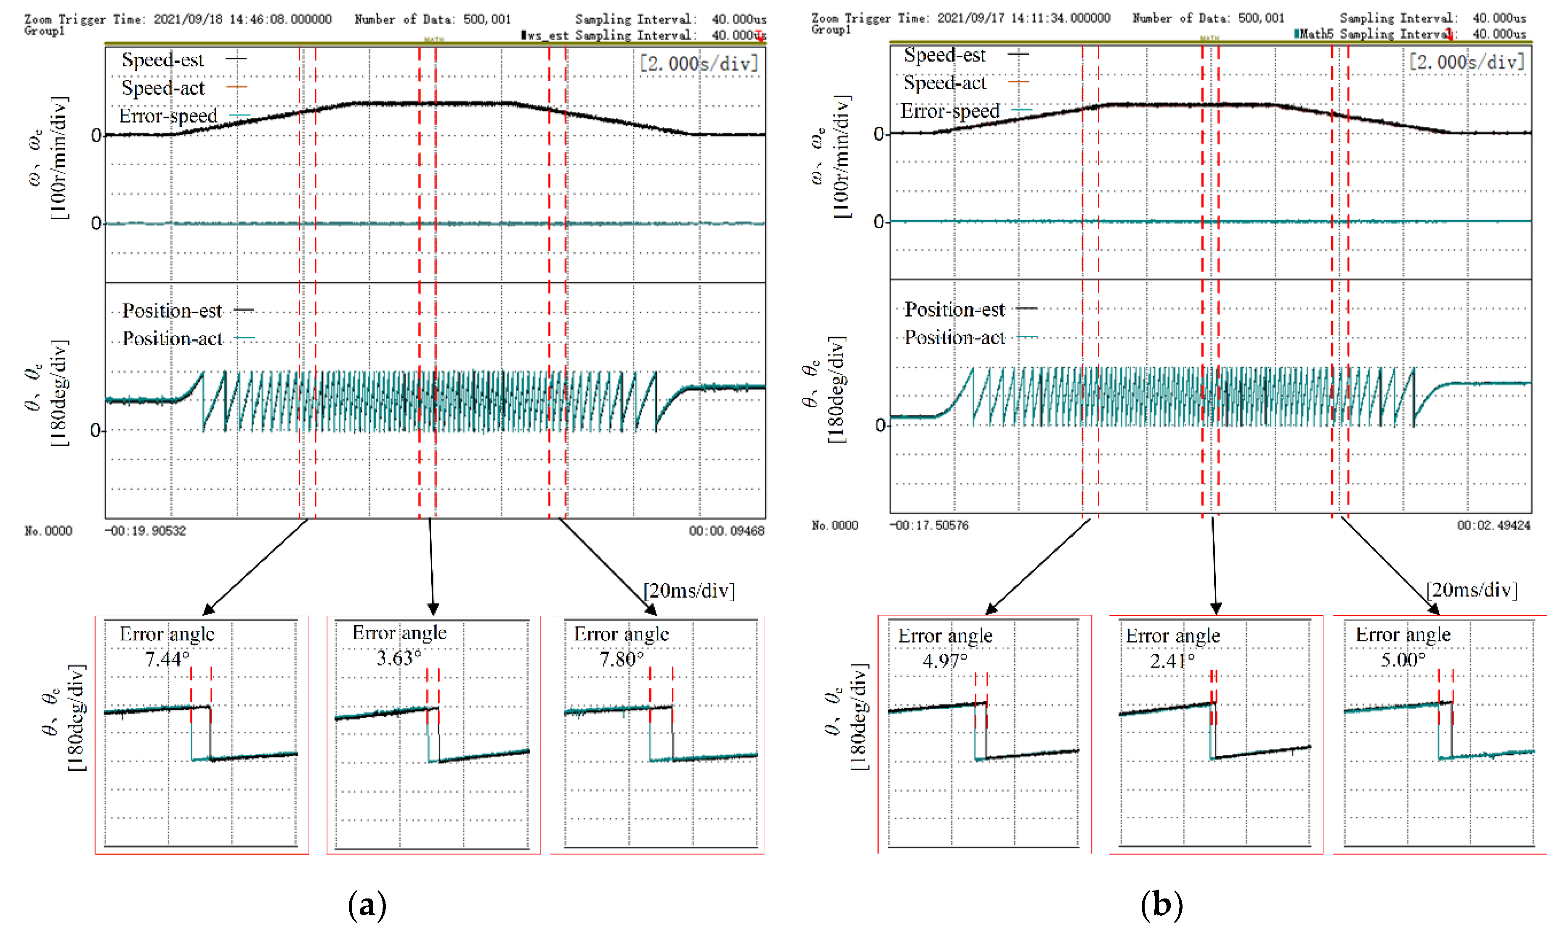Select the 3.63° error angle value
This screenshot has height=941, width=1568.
click(x=399, y=658)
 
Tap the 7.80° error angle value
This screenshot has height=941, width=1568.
click(x=621, y=659)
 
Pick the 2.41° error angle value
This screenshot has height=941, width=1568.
click(x=1172, y=661)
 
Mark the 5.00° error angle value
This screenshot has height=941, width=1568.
click(x=1403, y=659)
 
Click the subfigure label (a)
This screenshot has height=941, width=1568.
click(x=367, y=905)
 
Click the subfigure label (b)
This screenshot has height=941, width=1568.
click(x=1161, y=905)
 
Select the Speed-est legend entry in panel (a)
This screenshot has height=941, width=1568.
click(x=163, y=60)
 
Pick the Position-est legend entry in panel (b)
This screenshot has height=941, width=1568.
click(x=954, y=309)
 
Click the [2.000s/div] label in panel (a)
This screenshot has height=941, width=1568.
click(x=699, y=64)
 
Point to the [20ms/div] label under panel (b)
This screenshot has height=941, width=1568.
click(x=1471, y=590)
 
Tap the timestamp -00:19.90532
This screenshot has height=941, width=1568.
click(x=146, y=531)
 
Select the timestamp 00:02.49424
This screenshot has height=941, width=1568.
click(x=1493, y=525)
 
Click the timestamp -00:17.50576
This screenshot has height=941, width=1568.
click(x=929, y=525)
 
